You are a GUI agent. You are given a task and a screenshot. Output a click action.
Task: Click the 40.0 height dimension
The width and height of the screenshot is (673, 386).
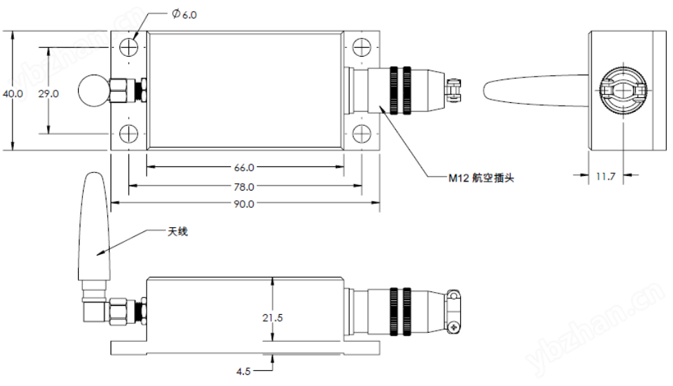12,93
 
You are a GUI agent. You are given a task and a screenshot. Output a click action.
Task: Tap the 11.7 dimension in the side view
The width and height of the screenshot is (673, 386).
606,176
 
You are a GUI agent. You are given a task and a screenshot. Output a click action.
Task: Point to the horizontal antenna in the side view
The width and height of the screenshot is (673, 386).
532,90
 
